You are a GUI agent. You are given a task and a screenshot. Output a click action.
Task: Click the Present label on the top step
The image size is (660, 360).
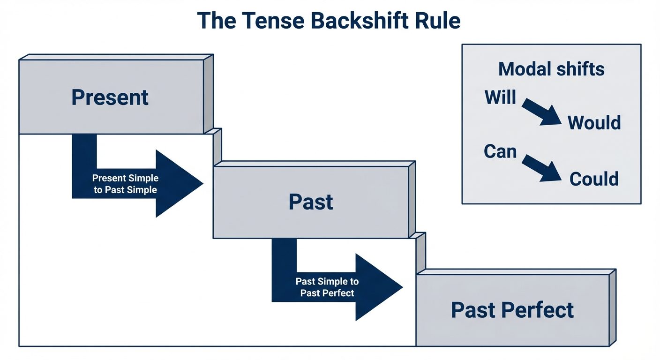click(x=110, y=97)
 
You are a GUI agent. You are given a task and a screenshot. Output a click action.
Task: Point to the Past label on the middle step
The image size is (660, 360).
click(x=311, y=202)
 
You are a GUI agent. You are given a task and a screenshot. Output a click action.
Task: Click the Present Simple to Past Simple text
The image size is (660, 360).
click(x=125, y=184)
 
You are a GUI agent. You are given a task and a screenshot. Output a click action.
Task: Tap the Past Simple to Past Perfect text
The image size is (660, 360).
click(x=327, y=287)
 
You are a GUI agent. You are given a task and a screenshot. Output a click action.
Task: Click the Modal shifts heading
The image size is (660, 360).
click(x=551, y=69)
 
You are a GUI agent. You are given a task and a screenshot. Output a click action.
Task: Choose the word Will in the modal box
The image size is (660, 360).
click(x=500, y=97)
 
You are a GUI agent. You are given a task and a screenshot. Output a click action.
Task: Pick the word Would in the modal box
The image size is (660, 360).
click(x=594, y=123)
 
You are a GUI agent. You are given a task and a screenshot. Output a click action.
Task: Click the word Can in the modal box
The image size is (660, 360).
click(x=500, y=151)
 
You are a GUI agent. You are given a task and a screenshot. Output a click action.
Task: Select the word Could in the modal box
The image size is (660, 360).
click(x=594, y=179)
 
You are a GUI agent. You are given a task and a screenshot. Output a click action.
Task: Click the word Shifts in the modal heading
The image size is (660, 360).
click(x=580, y=69)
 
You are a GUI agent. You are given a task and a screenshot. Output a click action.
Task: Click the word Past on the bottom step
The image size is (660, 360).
click(x=473, y=310)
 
